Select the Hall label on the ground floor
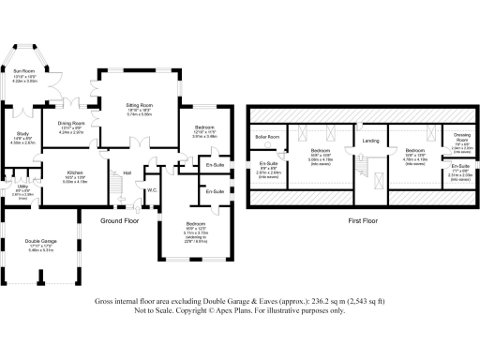coord(127,172)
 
